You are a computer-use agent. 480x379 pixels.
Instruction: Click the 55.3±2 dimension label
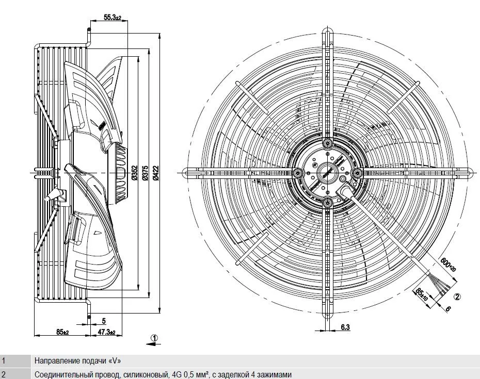pyautogui.click(x=113, y=18)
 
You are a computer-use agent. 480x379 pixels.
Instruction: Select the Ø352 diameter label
pyautogui.click(x=135, y=173)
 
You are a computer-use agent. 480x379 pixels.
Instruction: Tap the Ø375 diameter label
pyautogui.click(x=146, y=173)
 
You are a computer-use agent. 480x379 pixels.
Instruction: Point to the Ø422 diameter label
pyautogui.click(x=156, y=173)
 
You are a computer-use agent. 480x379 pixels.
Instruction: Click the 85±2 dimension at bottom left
pyautogui.click(x=62, y=332)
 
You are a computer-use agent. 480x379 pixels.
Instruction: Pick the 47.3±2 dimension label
pyautogui.click(x=106, y=332)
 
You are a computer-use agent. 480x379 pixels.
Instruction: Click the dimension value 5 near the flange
pyautogui.click(x=104, y=321)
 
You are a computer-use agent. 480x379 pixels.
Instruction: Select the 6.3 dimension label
pyautogui.click(x=345, y=327)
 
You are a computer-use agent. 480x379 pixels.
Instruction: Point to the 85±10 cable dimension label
pyautogui.click(x=422, y=294)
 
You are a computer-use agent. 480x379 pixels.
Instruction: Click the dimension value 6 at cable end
pyautogui.click(x=447, y=309)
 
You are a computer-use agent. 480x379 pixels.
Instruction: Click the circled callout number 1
pyautogui.click(x=155, y=338)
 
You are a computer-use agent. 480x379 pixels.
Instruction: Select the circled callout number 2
pyautogui.click(x=457, y=296)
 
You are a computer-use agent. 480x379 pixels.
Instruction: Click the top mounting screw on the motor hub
pyautogui.click(x=328, y=143)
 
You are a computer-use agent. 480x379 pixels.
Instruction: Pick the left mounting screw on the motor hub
pyautogui.click(x=297, y=173)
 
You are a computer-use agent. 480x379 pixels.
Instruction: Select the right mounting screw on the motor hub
pyautogui.click(x=358, y=173)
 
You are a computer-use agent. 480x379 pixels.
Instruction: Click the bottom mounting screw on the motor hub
pyautogui.click(x=328, y=202)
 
